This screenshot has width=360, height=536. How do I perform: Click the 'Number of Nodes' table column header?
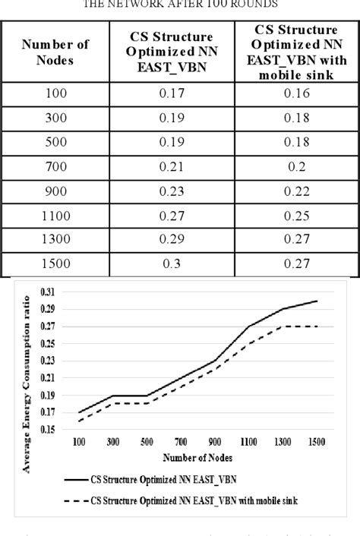(55, 52)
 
